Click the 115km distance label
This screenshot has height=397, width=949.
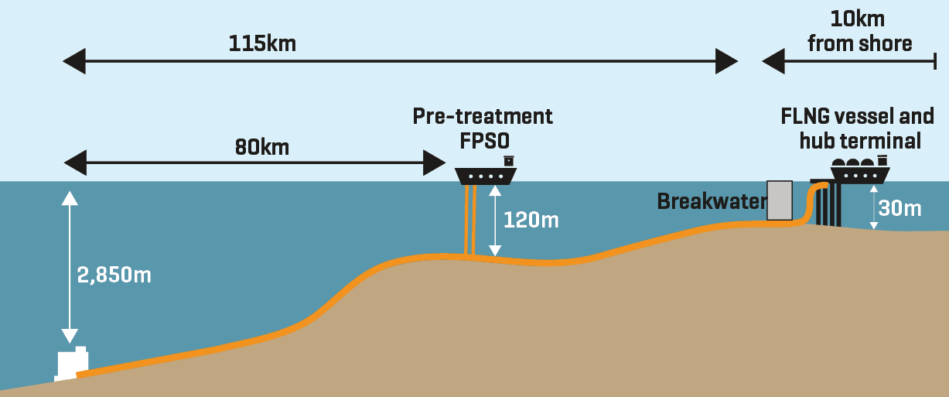point(262,43)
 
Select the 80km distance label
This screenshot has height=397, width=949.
point(262,145)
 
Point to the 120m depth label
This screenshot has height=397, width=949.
point(531,220)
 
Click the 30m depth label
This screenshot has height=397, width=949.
point(900,208)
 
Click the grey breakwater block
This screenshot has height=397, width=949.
point(780,200)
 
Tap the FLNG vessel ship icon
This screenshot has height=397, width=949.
point(860,173)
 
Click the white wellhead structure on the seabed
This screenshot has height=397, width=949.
point(72,364)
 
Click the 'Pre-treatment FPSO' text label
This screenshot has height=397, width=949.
point(483,128)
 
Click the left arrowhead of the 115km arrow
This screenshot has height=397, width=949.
point(74,60)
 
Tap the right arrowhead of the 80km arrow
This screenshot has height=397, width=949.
point(434,163)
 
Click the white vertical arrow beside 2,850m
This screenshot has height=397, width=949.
point(70,264)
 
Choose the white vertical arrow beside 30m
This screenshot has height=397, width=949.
point(874,209)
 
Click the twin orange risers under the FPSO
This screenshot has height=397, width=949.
point(469,221)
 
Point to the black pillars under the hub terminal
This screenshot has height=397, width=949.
point(827,205)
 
